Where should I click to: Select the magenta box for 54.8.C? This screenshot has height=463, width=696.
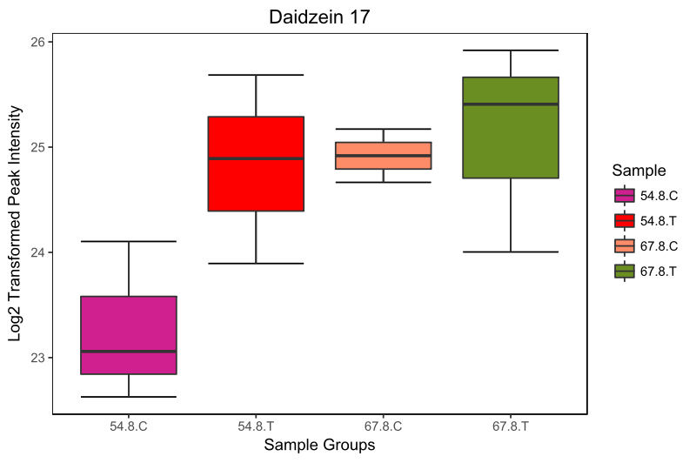[129, 335]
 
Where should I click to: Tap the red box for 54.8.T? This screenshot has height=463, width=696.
[256, 164]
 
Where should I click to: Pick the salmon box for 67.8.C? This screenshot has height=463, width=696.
[384, 155]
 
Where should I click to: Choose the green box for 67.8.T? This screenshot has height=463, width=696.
[511, 128]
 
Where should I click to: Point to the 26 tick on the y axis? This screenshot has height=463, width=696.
[39, 42]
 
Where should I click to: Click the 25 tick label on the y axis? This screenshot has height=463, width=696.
[39, 147]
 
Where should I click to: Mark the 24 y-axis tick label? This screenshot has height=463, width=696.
[39, 252]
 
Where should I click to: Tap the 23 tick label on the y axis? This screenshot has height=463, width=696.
[39, 358]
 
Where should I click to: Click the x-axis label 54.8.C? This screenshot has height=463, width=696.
[129, 427]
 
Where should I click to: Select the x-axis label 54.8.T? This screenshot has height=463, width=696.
[256, 427]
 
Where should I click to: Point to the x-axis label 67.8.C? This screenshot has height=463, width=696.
[384, 427]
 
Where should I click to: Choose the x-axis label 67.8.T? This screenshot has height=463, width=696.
[511, 427]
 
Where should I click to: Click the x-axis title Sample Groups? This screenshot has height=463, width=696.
[319, 446]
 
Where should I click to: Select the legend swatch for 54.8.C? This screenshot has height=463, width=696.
[625, 196]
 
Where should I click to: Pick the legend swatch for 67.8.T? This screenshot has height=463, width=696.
[625, 271]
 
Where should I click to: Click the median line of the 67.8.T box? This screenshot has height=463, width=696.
[511, 104]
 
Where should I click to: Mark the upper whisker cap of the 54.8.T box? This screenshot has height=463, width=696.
[256, 75]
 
